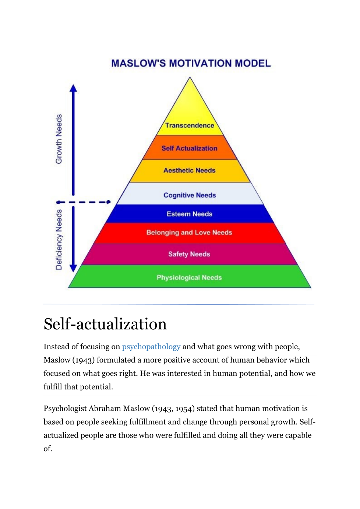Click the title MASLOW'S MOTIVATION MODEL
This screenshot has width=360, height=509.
191,63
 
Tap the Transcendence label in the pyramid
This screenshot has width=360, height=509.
190,126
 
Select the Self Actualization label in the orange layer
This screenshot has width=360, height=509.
190,148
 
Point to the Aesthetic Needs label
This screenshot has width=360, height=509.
190,170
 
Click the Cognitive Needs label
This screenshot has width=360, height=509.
190,195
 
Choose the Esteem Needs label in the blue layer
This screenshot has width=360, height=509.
190,214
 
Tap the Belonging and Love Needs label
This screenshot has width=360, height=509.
189,233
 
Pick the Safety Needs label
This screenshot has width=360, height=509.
189,254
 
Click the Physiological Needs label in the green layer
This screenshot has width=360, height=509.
189,278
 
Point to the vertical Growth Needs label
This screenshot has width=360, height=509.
59,139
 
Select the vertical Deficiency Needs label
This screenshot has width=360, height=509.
59,240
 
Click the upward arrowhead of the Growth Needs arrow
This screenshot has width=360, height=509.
74,88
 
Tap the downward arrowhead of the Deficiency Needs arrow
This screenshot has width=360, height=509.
74,268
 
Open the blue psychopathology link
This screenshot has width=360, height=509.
151,347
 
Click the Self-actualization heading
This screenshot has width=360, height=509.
105,324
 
